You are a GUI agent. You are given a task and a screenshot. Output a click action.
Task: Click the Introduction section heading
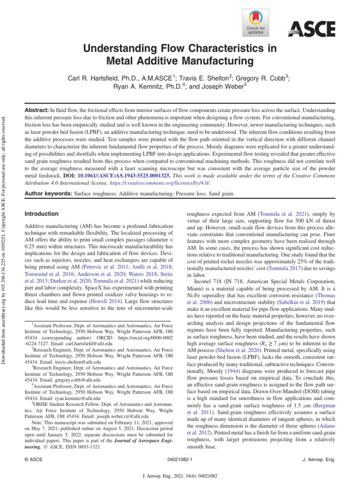coord(41,214)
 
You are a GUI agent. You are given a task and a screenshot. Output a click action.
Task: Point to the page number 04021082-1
coord(180,461)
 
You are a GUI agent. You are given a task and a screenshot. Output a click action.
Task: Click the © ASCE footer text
coord(34,461)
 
